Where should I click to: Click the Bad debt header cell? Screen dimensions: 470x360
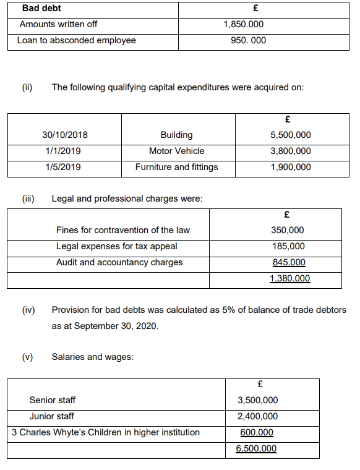tap(41, 9)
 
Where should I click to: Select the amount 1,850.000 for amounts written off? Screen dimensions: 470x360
tap(243, 24)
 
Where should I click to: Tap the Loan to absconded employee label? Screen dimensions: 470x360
tap(78, 41)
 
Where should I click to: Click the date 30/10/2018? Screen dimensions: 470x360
tap(65, 135)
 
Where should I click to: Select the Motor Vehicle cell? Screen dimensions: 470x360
tap(176, 151)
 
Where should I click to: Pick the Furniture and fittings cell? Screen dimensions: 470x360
tap(176, 167)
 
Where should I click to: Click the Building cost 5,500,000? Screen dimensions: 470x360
tap(291, 135)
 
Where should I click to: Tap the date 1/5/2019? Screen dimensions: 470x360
tap(63, 167)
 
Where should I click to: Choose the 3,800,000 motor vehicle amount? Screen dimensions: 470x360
tap(291, 151)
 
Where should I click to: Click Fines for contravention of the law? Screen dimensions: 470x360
tap(123, 230)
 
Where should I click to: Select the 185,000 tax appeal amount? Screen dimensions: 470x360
tap(288, 246)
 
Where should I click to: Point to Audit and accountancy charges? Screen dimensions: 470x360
tap(119, 262)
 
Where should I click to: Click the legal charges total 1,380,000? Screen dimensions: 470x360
tap(289, 278)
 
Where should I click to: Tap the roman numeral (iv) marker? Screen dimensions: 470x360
tap(28, 309)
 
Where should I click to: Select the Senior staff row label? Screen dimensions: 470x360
tap(53, 400)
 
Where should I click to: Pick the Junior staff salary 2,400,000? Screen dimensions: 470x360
tap(257, 416)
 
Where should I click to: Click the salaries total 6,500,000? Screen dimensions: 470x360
tap(256, 448)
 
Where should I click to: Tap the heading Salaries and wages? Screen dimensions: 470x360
tap(92, 357)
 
